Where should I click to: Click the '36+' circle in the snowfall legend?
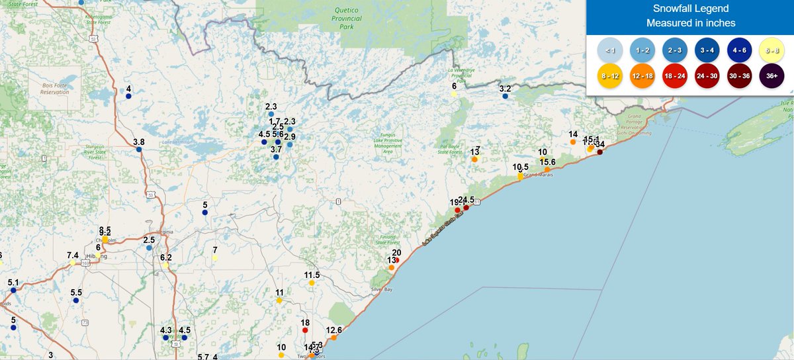[x=772, y=75]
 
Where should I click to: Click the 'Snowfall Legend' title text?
[x=691, y=9]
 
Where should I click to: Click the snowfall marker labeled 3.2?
[x=505, y=97]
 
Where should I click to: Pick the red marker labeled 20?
[x=396, y=260]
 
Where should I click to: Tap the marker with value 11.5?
[x=312, y=283]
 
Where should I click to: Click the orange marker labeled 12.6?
[x=333, y=338]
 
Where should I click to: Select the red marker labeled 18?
[x=305, y=330]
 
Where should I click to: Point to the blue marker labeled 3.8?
[x=139, y=150]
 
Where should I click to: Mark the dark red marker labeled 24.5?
[x=466, y=208]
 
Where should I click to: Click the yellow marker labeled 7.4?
[x=73, y=263]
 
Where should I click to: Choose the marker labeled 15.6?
[x=547, y=170]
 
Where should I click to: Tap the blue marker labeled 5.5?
[x=76, y=300]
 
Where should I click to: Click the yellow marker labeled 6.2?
[x=165, y=265]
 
